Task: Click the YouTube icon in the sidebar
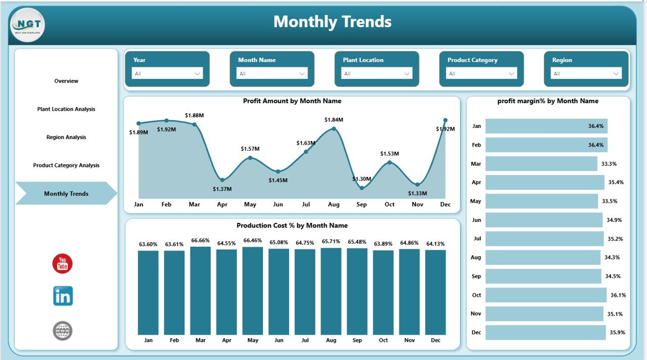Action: point(63,264)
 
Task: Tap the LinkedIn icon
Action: point(63,296)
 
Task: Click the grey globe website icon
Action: point(63,331)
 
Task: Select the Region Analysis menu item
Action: point(66,137)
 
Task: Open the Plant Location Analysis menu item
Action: point(66,109)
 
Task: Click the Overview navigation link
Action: point(66,81)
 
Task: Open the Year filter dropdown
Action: point(167,74)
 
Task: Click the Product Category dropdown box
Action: point(481,74)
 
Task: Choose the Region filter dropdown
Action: point(586,74)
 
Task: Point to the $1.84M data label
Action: point(334,120)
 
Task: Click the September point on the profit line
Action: point(361,188)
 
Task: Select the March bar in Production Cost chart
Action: point(201,290)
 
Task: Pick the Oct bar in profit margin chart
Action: point(546,295)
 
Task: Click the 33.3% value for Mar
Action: point(609,164)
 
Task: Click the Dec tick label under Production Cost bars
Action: point(435,340)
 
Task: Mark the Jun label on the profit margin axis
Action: point(476,220)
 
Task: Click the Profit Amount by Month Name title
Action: point(292,101)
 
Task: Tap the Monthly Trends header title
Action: point(332,22)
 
